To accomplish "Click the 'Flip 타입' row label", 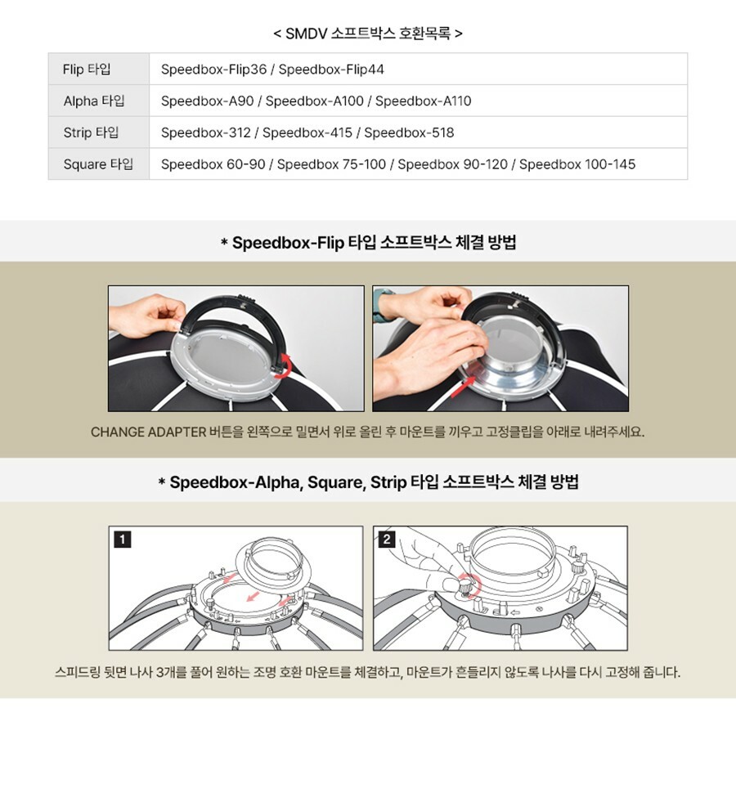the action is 87,69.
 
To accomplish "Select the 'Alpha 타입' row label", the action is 94,101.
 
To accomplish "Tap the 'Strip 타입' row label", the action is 91,132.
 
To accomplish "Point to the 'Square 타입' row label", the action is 98,164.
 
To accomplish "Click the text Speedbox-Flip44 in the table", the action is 331,69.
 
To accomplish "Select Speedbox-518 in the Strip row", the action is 409,132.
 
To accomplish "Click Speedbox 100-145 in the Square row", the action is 577,164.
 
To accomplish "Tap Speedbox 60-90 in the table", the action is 213,164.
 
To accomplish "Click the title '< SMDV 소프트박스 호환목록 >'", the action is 368,34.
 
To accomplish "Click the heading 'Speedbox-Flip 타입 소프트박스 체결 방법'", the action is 374,242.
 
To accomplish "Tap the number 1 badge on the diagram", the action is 122,539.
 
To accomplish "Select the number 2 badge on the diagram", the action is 387,539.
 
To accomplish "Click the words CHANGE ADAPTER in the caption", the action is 148,432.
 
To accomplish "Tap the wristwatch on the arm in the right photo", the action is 383,305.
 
